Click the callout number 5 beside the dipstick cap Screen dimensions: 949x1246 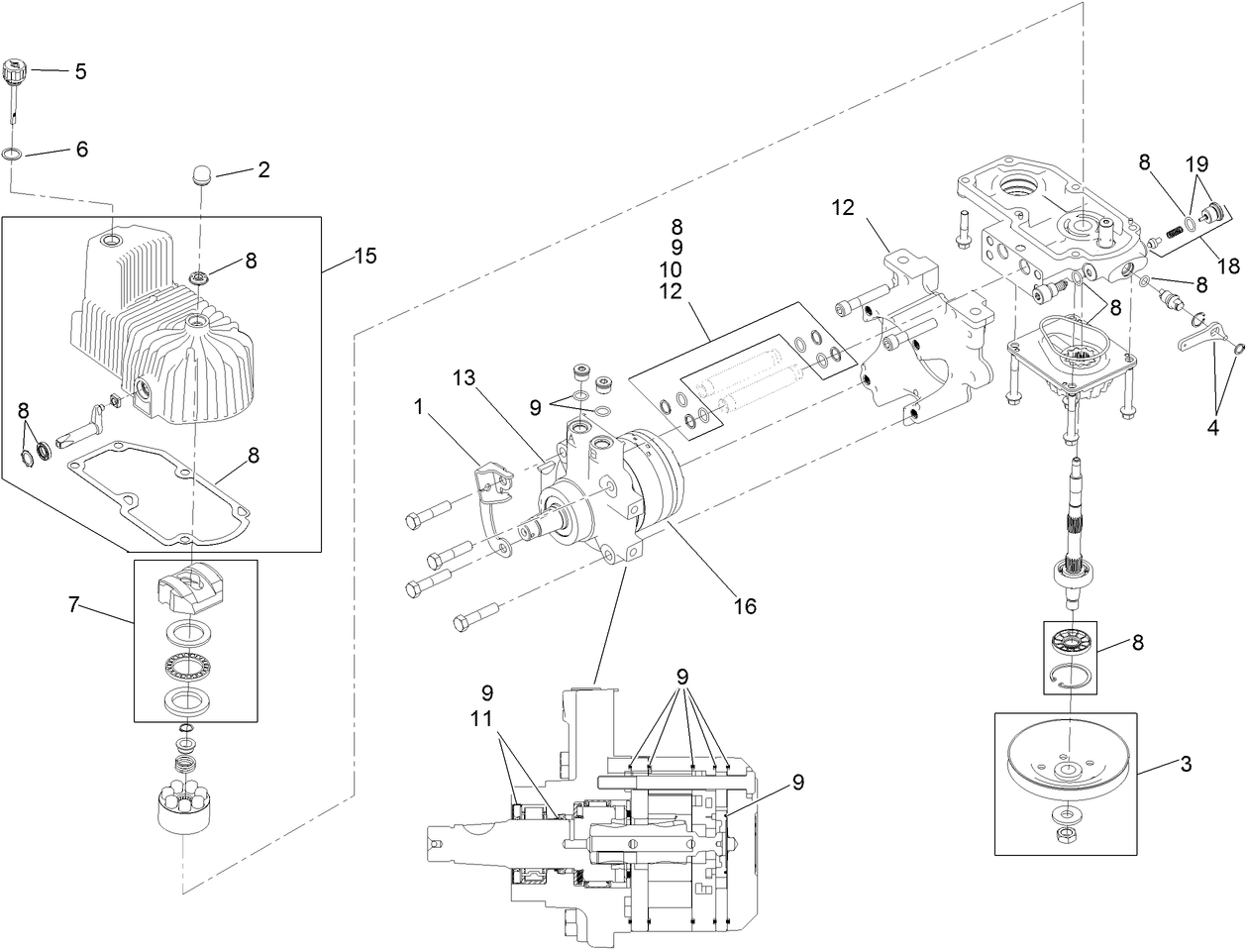(x=80, y=71)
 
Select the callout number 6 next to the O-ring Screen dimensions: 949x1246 (x=81, y=149)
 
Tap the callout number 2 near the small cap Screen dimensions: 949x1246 (x=262, y=169)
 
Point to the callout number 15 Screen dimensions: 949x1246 (x=364, y=256)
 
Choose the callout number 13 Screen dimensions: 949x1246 (x=466, y=378)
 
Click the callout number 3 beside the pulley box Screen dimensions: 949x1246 (x=1186, y=764)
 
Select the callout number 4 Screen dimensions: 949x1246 (x=1212, y=429)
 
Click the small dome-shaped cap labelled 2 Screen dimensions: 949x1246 (x=202, y=177)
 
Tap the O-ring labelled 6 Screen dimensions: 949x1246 (x=13, y=155)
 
